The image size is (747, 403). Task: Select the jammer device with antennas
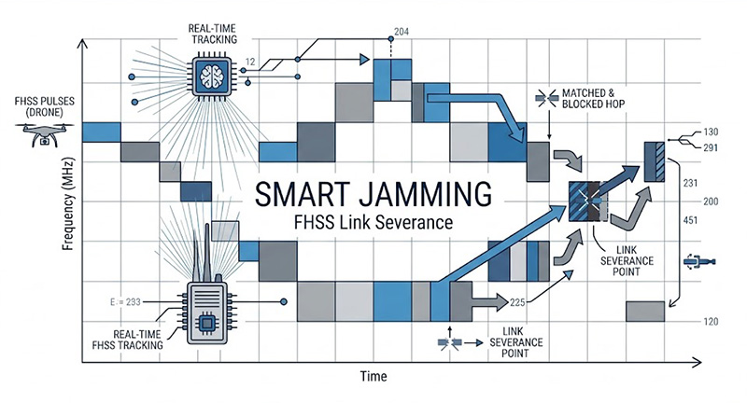point(208,303)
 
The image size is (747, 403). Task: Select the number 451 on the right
point(691,221)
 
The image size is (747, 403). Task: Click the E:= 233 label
point(125,301)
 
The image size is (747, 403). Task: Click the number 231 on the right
point(691,184)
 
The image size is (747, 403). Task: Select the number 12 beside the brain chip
point(249,62)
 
